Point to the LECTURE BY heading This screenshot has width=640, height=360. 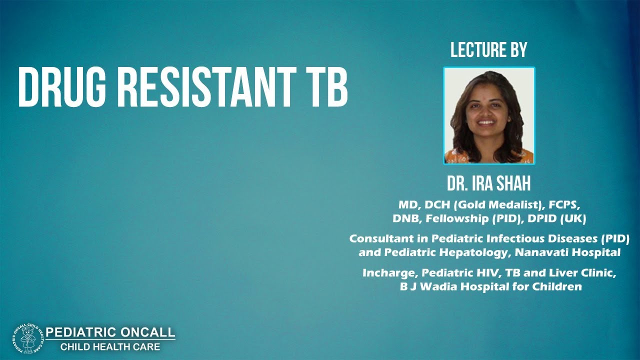click(x=488, y=50)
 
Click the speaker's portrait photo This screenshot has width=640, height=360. click(x=488, y=115)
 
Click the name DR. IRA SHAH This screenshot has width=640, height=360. click(x=488, y=184)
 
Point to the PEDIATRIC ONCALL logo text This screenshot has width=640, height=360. click(x=110, y=332)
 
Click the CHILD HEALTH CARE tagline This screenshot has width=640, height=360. click(x=110, y=346)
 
